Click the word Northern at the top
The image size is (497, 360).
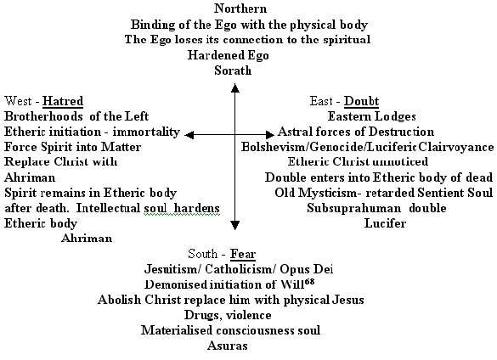240,8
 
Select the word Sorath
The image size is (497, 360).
233,70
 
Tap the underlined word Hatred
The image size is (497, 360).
63,101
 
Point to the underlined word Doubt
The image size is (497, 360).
361,101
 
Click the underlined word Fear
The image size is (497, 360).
243,254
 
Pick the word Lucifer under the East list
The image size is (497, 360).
385,223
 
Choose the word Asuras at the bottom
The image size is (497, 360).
228,346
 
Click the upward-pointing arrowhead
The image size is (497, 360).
234,87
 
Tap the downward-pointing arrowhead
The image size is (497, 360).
234,225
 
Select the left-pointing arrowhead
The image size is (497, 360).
189,135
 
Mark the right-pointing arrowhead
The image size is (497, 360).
270,135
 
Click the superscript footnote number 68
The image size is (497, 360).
309,281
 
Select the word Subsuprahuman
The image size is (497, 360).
353,208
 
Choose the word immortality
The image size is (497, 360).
146,132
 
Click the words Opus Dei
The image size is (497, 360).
307,269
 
